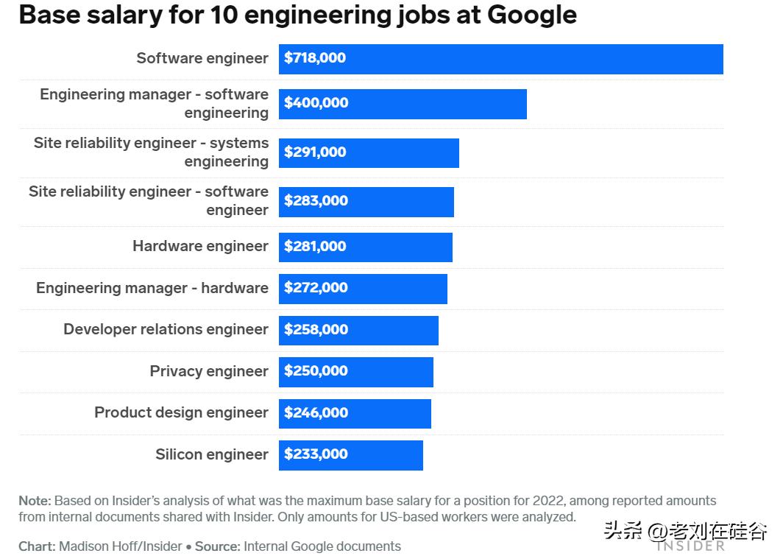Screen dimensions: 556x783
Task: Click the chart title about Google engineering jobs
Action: tap(297, 15)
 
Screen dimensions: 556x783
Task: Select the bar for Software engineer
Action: tap(500, 59)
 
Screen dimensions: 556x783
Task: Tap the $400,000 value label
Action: tap(316, 103)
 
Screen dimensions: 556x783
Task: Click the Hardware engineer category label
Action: tap(200, 246)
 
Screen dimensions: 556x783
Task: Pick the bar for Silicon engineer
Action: tap(351, 454)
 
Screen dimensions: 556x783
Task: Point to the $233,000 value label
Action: tap(316, 454)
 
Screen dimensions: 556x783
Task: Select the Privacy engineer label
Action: tap(209, 371)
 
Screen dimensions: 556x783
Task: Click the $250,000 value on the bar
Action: tap(316, 371)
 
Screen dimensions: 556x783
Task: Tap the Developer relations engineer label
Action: tap(166, 329)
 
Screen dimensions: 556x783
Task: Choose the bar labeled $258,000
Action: tap(358, 330)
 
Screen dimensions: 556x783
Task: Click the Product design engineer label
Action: tap(181, 412)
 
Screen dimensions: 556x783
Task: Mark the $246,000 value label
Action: tap(316, 413)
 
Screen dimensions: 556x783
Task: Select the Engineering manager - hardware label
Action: tap(152, 288)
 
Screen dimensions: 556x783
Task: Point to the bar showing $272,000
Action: tap(363, 288)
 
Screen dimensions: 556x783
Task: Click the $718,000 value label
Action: tap(315, 58)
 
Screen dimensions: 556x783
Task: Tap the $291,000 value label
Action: tap(315, 152)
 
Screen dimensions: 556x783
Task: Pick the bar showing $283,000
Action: tap(366, 201)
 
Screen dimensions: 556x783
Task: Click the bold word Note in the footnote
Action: tap(35, 501)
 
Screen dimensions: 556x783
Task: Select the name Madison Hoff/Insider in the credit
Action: tap(121, 546)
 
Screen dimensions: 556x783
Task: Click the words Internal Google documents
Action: tap(322, 546)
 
